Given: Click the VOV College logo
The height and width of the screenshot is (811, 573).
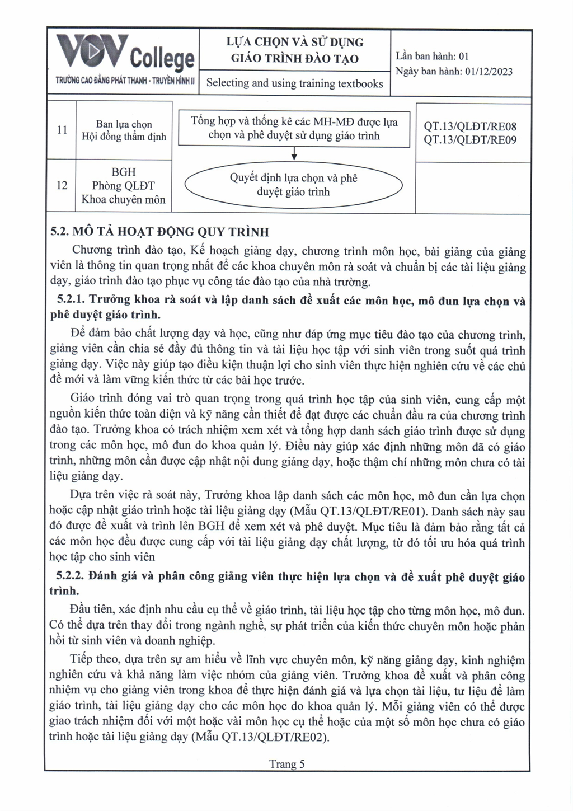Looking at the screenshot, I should click(124, 54).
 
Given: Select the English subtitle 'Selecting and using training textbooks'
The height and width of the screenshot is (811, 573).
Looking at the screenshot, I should click(294, 83).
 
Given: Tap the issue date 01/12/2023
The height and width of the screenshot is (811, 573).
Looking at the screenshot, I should click(489, 72).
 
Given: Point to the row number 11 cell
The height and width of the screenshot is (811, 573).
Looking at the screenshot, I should click(62, 130).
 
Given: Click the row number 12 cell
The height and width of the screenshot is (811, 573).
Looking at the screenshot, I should click(62, 185).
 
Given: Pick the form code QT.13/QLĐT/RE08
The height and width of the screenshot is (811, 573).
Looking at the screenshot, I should click(470, 126).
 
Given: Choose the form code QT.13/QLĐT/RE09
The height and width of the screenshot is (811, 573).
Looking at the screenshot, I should click(470, 140).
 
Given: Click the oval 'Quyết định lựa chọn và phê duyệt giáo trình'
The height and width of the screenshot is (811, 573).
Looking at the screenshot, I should click(293, 185).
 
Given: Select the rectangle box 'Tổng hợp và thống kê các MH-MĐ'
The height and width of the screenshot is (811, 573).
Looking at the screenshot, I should click(294, 129).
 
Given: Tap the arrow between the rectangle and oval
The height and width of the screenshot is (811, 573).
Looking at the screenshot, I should click(294, 155).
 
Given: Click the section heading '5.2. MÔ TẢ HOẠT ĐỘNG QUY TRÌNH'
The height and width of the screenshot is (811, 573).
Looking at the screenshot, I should click(160, 232).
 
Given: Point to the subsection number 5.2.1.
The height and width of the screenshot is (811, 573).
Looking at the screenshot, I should click(71, 301).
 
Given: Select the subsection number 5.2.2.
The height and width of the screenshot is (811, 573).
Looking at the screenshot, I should click(71, 576).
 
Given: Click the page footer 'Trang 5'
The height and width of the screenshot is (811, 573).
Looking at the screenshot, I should click(286, 764).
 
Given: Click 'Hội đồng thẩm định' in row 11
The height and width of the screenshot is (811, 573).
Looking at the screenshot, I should click(124, 137).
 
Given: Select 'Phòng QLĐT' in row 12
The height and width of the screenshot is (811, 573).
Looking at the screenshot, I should click(123, 186).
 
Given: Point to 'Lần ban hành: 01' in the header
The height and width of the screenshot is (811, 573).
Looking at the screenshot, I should click(432, 56).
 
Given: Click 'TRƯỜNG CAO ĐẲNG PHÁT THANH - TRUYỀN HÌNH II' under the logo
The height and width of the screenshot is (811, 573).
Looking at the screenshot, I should click(124, 81).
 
